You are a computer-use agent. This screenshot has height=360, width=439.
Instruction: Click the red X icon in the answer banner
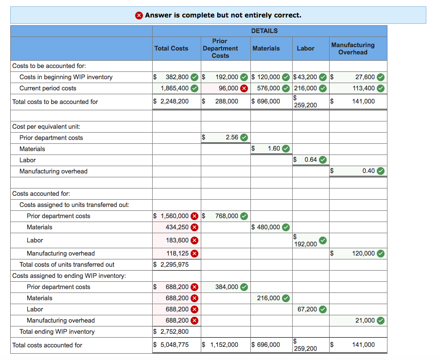(x=139, y=15)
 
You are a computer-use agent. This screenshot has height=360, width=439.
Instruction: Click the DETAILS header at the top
(x=264, y=31)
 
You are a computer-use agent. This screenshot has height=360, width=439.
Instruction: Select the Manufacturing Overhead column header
(x=352, y=49)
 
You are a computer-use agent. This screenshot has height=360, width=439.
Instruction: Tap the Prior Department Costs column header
(x=220, y=49)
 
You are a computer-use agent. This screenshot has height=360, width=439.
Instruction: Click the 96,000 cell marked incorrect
(x=228, y=88)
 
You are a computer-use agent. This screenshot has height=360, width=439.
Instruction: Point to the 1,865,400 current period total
(x=175, y=88)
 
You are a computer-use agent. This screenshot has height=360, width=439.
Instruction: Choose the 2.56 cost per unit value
(x=232, y=137)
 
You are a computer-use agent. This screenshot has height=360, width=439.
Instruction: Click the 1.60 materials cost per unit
(x=274, y=149)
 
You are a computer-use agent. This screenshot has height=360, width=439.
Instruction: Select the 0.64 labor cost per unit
(x=311, y=160)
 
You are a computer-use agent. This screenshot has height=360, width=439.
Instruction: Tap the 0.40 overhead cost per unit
(x=369, y=171)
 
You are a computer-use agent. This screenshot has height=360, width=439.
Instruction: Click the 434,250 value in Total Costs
(x=177, y=227)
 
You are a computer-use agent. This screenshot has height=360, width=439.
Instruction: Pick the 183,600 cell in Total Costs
(x=177, y=240)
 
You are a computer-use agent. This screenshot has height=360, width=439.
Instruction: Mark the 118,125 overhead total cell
(x=177, y=253)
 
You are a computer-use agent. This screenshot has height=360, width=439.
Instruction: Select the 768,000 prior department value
(x=227, y=216)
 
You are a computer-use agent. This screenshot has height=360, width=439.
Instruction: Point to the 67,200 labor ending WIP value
(x=307, y=309)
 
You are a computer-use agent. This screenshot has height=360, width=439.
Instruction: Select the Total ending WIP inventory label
(x=57, y=332)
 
